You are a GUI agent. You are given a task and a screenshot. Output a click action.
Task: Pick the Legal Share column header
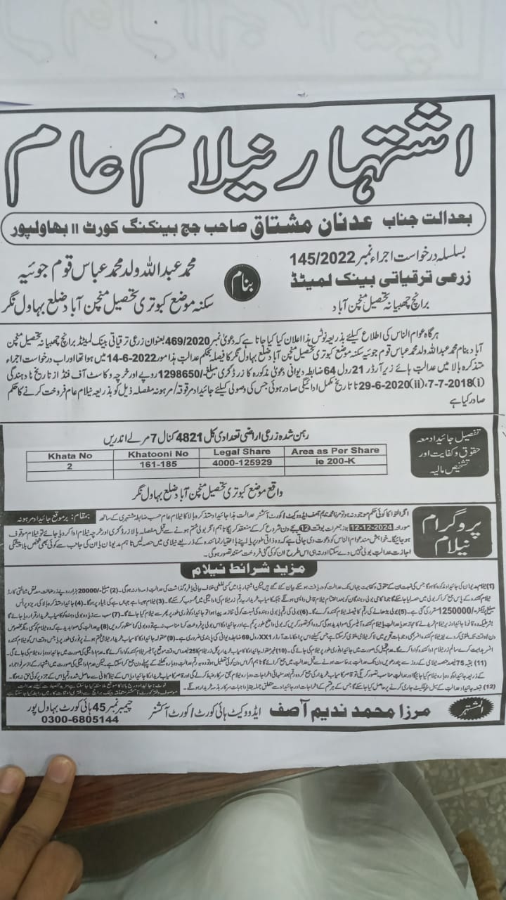tap(240, 452)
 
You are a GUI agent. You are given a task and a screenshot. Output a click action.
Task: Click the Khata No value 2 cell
tap(69, 465)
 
